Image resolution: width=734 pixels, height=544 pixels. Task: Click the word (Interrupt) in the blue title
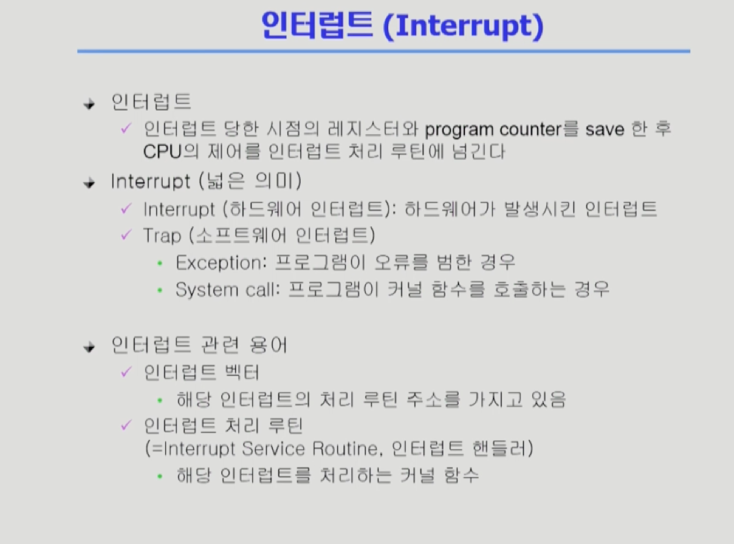(x=463, y=26)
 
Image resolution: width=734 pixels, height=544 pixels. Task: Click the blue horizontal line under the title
(x=383, y=51)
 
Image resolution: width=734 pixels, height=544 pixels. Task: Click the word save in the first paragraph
(x=605, y=129)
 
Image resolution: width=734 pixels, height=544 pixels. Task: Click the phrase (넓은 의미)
(x=250, y=181)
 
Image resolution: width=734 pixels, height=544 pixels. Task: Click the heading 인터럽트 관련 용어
(x=199, y=345)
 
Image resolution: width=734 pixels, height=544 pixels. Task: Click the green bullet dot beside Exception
(x=160, y=263)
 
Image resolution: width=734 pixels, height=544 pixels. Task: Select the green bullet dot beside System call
(x=160, y=290)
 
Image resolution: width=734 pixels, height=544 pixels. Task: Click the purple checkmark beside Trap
(x=126, y=235)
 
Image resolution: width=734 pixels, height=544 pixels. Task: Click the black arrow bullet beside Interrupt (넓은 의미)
(x=89, y=183)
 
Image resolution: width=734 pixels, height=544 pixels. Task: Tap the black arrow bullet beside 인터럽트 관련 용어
(x=89, y=347)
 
